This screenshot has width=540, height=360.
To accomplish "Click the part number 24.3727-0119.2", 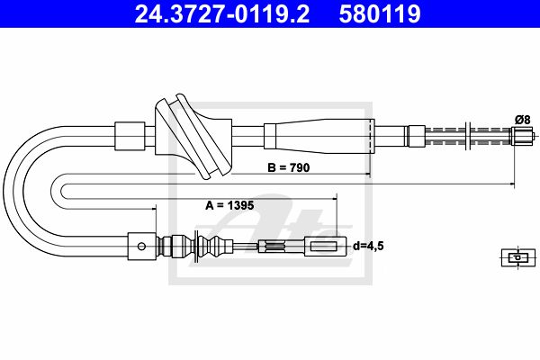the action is click(221, 14).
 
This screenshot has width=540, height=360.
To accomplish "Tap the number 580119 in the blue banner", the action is click(380, 14).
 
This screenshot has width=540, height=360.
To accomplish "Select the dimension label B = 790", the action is click(289, 167).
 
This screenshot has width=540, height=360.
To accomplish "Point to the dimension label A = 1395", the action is click(229, 205).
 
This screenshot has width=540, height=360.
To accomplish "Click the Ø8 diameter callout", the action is click(522, 120).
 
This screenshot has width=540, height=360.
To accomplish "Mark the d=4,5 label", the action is click(368, 246).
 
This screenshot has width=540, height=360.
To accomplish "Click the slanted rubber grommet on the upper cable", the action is click(193, 137).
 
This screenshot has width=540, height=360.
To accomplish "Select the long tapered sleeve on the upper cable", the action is click(319, 136).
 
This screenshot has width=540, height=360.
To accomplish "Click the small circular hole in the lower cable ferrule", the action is click(141, 247).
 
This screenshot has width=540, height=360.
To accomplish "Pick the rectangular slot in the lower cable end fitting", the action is click(324, 247).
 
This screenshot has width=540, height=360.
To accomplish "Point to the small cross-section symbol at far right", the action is click(518, 257).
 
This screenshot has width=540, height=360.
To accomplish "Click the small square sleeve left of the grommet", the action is click(130, 136).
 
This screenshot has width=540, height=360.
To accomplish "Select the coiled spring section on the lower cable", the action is click(274, 247).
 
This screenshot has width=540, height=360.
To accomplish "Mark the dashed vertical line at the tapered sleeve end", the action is click(370, 137).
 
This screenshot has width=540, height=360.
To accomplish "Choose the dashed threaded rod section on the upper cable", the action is click(468, 136).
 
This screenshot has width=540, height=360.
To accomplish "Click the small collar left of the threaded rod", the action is click(417, 136).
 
